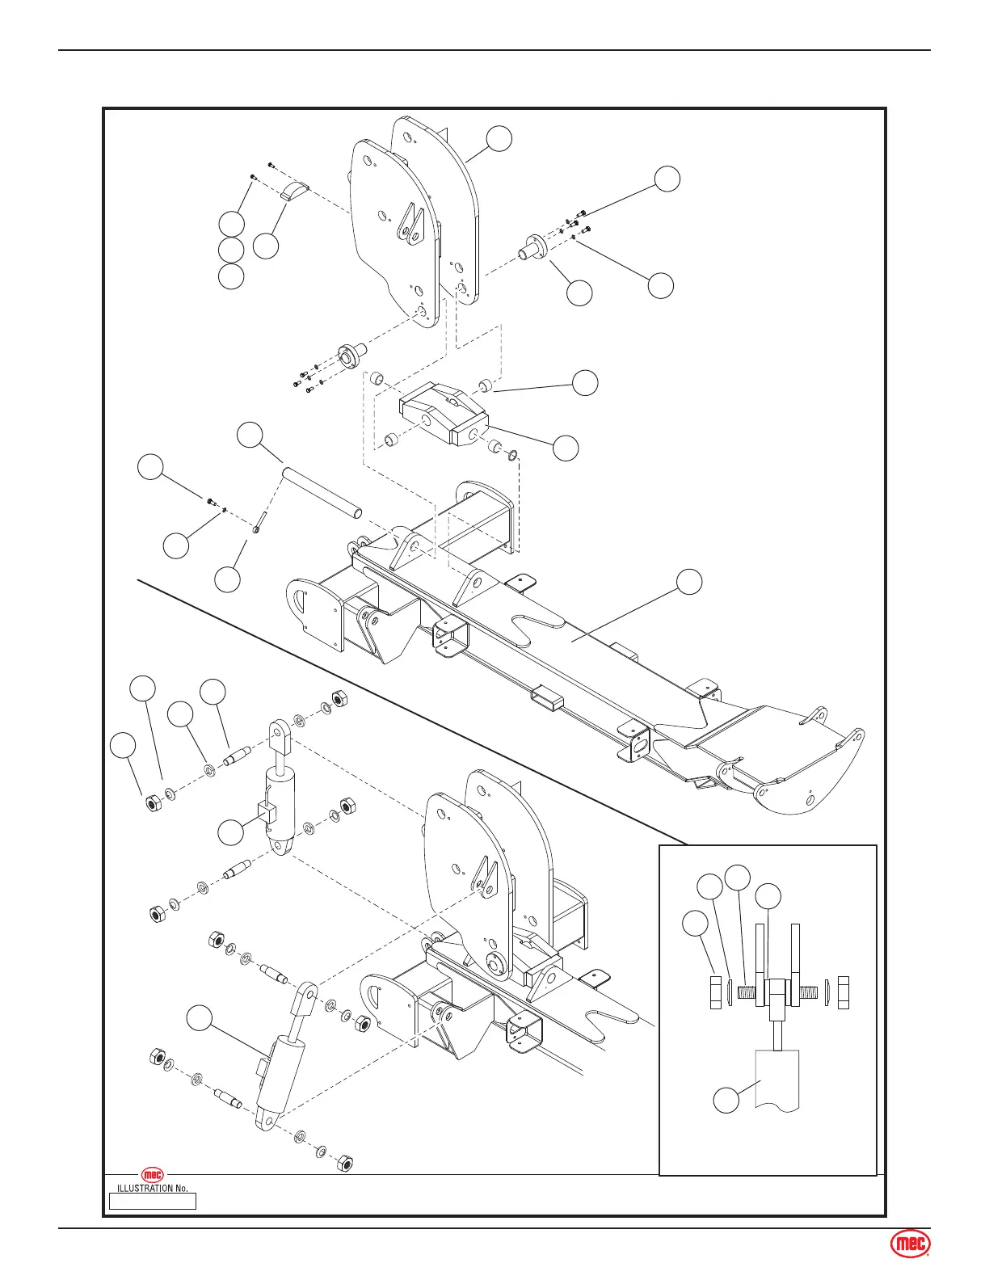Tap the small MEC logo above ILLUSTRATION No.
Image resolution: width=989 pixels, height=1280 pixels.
[153, 1175]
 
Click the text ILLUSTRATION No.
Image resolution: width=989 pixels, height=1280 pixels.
[153, 1189]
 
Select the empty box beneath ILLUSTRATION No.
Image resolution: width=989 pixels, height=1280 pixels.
[153, 1201]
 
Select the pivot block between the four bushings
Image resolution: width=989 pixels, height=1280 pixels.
[443, 416]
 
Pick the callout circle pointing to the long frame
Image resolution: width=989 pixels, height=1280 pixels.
[689, 581]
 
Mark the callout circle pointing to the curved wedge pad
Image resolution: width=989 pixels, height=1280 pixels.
[266, 246]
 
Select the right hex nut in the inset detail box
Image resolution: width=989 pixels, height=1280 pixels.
[844, 992]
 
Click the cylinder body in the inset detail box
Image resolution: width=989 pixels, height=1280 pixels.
[776, 1079]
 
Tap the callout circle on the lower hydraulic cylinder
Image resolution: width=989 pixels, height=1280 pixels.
[200, 1018]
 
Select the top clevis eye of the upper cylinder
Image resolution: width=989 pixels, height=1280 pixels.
[279, 731]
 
